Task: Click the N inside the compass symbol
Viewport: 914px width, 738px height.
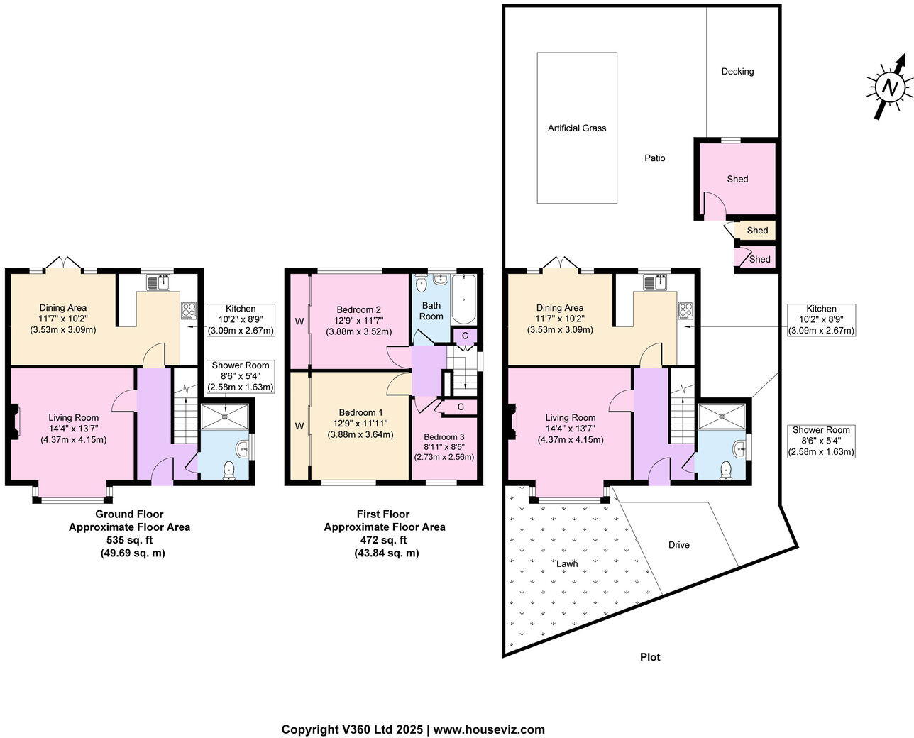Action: (888, 88)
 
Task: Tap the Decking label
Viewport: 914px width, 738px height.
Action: (737, 72)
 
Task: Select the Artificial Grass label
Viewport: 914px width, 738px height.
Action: (577, 128)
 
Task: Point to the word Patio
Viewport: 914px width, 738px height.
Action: (655, 158)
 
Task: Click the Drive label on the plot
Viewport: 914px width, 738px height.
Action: (679, 545)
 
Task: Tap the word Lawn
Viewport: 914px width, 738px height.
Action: (567, 564)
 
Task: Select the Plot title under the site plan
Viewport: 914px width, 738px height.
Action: (650, 657)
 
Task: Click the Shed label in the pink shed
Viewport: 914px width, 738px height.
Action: (737, 180)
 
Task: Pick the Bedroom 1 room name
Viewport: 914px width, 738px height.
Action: (360, 413)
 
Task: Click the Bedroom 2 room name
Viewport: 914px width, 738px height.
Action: (359, 310)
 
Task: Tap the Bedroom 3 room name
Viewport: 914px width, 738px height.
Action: (444, 437)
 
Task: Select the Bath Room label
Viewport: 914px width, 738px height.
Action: (431, 311)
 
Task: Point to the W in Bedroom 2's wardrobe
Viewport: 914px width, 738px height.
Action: (299, 321)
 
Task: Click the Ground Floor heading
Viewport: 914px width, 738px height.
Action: (129, 514)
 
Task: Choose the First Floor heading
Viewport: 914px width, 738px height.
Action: (383, 514)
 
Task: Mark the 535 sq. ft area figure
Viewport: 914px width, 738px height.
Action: (129, 540)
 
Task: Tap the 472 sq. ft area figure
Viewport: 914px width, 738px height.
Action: (383, 540)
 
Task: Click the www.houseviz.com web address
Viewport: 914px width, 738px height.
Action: (489, 729)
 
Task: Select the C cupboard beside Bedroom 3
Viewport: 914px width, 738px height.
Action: (461, 407)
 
